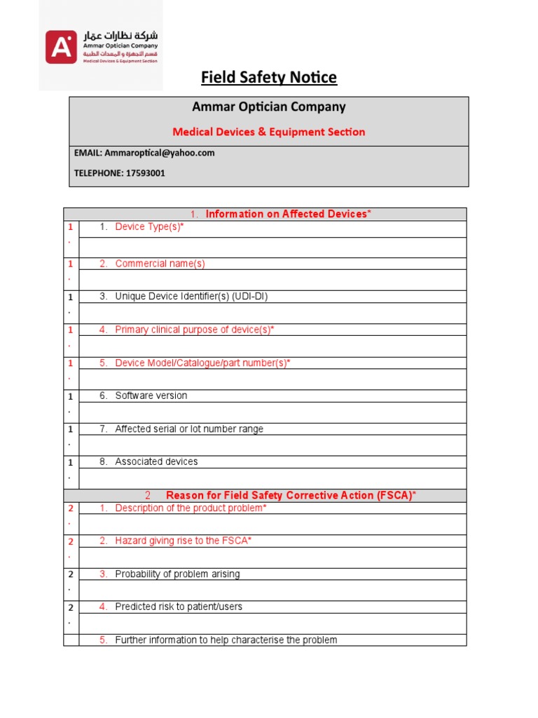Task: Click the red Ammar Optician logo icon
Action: pos(62,47)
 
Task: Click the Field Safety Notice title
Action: pos(269,77)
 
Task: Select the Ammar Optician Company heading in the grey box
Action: pos(269,107)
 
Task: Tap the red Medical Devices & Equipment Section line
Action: pos(269,132)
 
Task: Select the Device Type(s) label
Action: pos(150,227)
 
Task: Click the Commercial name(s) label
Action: pos(160,264)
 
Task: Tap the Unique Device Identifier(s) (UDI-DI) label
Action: pos(191,297)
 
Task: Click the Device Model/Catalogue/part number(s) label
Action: pos(202,363)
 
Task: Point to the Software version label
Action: pos(151,395)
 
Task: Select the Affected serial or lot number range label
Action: pos(189,429)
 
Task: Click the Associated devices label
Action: pos(156,461)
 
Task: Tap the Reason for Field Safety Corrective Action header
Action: pos(291,495)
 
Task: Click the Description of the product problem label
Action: pos(191,508)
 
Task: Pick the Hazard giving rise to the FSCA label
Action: pos(183,541)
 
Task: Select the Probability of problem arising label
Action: pos(177,574)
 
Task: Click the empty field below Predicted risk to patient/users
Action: pos(273,623)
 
